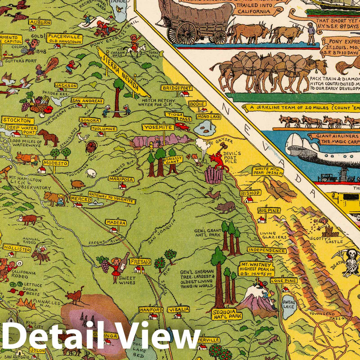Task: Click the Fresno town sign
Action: point(140,262)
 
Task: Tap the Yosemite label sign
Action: point(158,127)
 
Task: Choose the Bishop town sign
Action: point(250,193)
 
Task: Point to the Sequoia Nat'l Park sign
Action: point(227,314)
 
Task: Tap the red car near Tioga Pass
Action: point(182,126)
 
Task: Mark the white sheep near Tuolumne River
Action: point(91,173)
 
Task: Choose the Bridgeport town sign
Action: point(176,88)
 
